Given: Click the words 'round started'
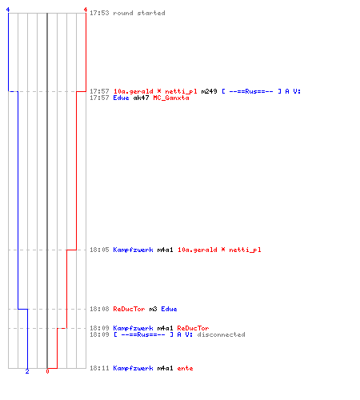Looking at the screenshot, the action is [x=139, y=13].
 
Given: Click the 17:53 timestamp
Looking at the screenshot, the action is [x=99, y=13].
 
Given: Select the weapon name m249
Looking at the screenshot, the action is [x=209, y=91].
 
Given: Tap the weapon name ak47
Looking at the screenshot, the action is [x=141, y=98].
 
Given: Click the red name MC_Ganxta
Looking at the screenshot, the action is [x=171, y=98].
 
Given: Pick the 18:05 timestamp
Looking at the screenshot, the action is [x=99, y=250].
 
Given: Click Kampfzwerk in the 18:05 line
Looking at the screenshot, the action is [x=133, y=250].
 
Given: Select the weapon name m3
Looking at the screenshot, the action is [x=153, y=309].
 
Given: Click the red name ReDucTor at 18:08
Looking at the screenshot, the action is [x=129, y=309].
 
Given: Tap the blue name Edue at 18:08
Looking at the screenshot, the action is [x=169, y=309].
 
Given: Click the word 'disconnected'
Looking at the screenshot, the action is [x=221, y=334].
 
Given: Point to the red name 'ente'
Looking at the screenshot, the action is [x=185, y=368].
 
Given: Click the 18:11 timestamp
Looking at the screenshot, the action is [x=99, y=368].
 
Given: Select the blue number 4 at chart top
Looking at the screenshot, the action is [x=8, y=10].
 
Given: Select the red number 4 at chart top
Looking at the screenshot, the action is [x=86, y=10].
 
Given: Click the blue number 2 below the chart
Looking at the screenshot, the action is [x=27, y=371].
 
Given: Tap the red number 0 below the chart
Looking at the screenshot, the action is [x=47, y=371].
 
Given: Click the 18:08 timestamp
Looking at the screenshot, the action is [x=99, y=309].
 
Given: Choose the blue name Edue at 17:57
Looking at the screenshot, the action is [x=121, y=98].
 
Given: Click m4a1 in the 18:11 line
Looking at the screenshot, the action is [x=165, y=368].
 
